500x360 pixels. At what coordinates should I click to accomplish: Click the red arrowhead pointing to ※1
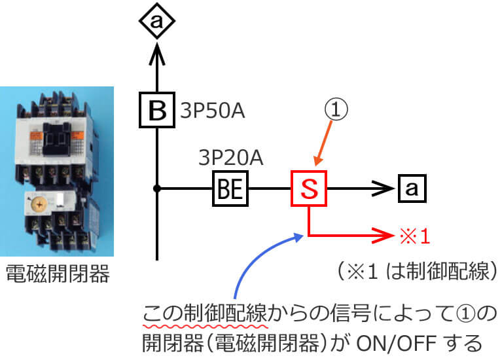382,235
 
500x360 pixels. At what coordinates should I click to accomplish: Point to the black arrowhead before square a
381,189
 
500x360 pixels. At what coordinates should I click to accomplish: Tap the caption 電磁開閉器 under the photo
57,274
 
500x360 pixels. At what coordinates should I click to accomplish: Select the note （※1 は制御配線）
412,272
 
